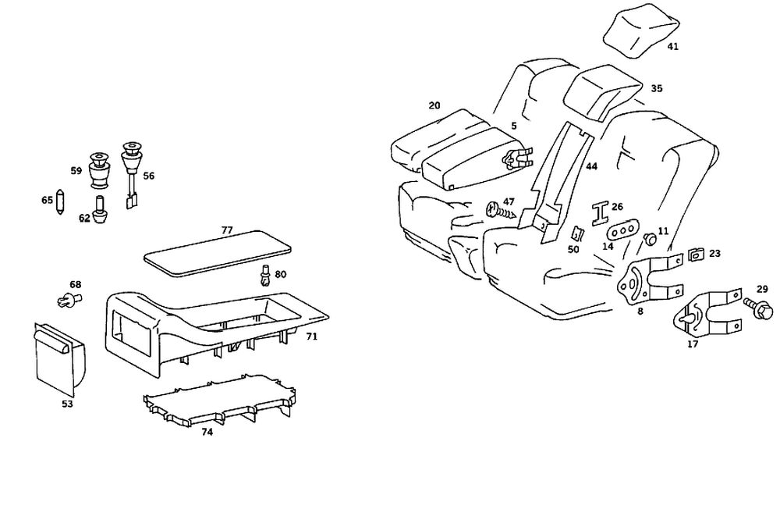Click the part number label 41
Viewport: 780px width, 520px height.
pos(672,46)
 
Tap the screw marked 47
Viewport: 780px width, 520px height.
pos(500,209)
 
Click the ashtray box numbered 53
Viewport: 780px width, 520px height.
pos(60,357)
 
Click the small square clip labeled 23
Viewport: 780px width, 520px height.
pos(697,255)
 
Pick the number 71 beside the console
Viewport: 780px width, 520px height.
pos(311,336)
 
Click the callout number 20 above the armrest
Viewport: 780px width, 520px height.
pos(434,105)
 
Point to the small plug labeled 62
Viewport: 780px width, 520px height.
pos(101,211)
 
